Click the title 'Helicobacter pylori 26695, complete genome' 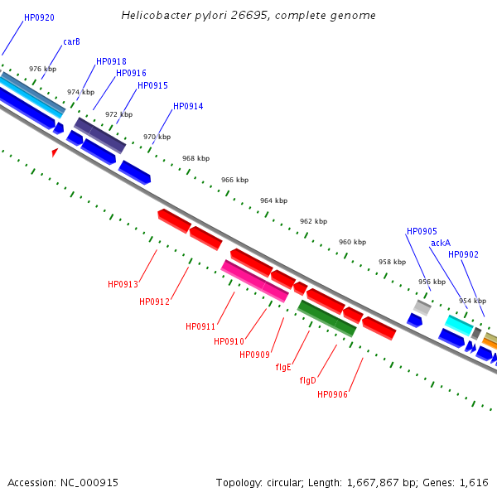248,16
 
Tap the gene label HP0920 39,17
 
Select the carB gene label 71,41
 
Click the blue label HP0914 188,106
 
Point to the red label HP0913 123,284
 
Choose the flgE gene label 283,367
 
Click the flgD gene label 308,380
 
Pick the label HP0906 332,394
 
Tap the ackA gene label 441,243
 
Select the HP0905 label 422,231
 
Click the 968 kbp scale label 196,158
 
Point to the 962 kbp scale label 313,221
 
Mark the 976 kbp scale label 42,70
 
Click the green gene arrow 326,318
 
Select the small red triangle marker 55,152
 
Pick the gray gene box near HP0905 422,307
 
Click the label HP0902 463,254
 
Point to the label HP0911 200,326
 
